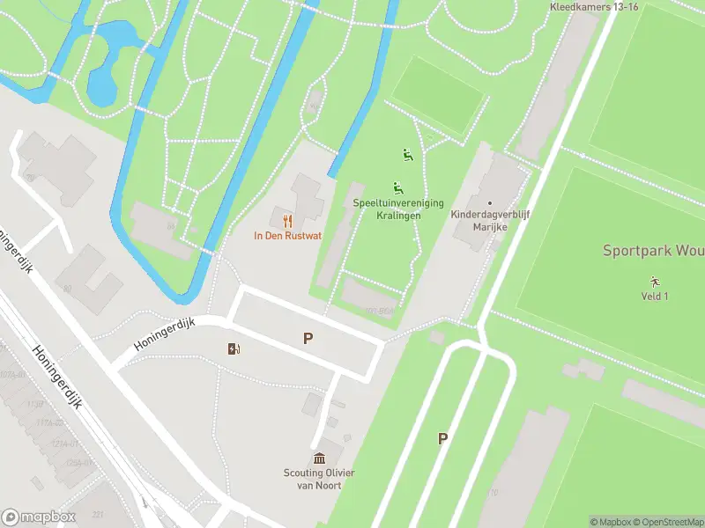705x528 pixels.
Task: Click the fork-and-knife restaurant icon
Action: click(x=286, y=220)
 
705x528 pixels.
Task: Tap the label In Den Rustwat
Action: click(x=286, y=236)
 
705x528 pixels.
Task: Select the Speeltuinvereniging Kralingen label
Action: click(x=398, y=209)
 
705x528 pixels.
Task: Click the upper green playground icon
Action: click(x=407, y=156)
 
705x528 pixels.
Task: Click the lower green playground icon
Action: click(x=398, y=187)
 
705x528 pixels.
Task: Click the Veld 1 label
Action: click(x=654, y=296)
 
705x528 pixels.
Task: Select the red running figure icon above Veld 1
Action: click(x=654, y=281)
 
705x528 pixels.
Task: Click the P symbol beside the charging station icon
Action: click(x=308, y=338)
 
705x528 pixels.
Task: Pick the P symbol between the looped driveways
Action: click(x=442, y=438)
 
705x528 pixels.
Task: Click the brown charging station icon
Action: click(x=234, y=349)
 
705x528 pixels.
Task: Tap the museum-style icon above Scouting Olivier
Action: click(x=320, y=458)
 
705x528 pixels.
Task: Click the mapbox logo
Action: click(x=39, y=517)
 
